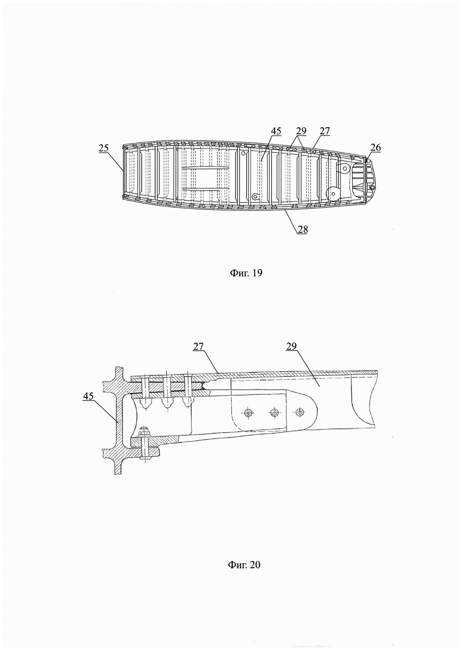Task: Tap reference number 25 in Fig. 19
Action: click(x=104, y=148)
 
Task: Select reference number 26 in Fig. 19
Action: click(x=376, y=147)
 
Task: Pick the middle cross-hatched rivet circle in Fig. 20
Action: click(x=274, y=412)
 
